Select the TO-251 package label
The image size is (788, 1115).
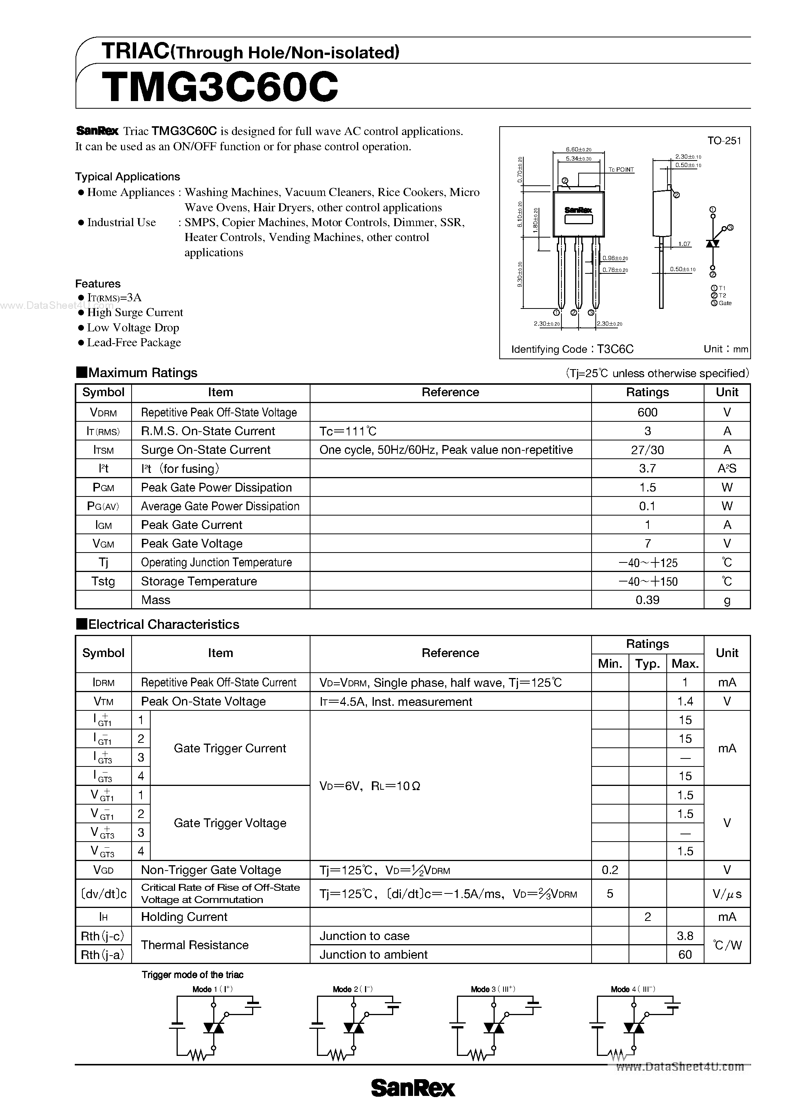pyautogui.click(x=724, y=141)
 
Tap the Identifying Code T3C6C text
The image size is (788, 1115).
pyautogui.click(x=572, y=349)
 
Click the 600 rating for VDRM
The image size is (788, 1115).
pyautogui.click(x=647, y=412)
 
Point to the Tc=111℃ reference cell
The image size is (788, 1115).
pyautogui.click(x=348, y=431)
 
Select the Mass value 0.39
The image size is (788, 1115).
pyautogui.click(x=647, y=600)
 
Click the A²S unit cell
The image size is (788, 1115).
pyautogui.click(x=727, y=469)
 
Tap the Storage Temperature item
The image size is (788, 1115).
pyautogui.click(x=199, y=581)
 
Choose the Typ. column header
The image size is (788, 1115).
pyautogui.click(x=647, y=664)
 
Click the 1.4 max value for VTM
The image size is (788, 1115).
pyautogui.click(x=685, y=702)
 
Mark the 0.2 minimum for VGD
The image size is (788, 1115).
pyautogui.click(x=610, y=870)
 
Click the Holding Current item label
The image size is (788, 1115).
pyautogui.click(x=184, y=917)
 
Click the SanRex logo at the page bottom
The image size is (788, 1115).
pyautogui.click(x=413, y=1088)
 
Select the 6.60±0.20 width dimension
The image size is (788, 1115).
pyautogui.click(x=578, y=149)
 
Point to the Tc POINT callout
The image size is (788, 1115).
pyautogui.click(x=621, y=169)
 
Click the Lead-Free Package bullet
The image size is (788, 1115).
pyautogui.click(x=133, y=342)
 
